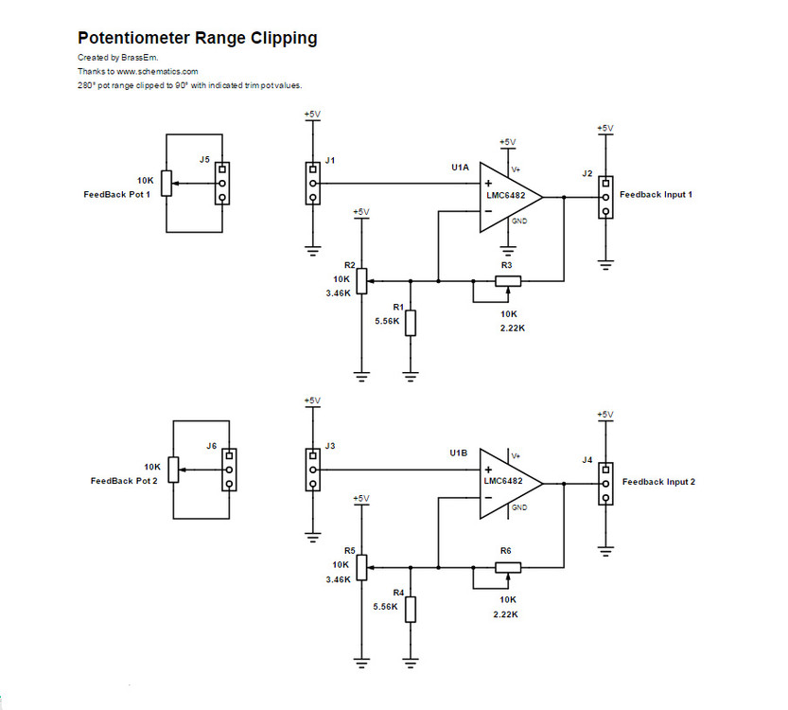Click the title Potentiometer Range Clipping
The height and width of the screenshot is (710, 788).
pos(197,39)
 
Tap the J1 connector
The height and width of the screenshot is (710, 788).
pos(312,184)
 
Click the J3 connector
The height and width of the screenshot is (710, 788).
pos(312,470)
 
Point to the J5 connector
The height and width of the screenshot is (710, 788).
pos(221,184)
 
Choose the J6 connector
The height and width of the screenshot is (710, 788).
pos(228,470)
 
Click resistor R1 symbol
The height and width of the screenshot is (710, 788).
pos(411,322)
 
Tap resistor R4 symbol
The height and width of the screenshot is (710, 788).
pos(411,608)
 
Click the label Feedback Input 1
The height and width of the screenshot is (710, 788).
pos(656,194)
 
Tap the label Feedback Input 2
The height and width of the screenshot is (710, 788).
pos(657,482)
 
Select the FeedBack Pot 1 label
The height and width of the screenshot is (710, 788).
pos(117,194)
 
